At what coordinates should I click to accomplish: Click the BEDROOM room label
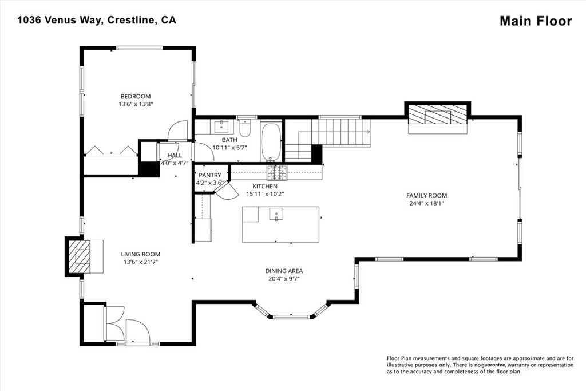135,96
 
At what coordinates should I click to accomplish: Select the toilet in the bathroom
245,128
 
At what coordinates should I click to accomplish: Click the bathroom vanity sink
223,127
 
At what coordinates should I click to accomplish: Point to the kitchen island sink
276,215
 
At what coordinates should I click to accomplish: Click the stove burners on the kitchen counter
277,172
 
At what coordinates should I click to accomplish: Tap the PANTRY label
209,175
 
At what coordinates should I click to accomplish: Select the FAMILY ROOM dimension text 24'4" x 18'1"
426,203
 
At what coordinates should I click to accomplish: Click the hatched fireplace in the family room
438,114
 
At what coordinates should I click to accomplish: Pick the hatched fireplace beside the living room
79,256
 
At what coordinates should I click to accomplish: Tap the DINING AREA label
284,271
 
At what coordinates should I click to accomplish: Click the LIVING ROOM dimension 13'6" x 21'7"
141,262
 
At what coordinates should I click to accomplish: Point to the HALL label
175,156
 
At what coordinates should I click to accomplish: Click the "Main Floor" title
536,21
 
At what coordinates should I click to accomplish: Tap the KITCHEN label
265,186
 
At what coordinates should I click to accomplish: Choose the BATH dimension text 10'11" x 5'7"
229,148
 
